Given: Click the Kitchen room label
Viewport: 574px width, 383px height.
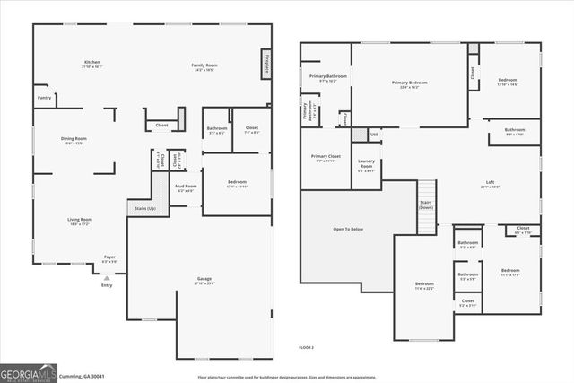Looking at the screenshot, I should [91, 63].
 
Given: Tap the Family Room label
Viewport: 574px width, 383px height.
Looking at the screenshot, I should [204, 65].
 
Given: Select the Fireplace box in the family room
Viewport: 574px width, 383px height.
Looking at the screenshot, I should [266, 65].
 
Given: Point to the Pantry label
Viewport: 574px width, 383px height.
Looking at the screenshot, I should [44, 97].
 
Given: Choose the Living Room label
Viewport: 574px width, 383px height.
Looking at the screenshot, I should [80, 221].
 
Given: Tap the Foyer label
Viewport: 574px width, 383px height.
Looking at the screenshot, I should [109, 258].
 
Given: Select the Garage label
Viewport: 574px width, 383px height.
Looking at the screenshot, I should [204, 280].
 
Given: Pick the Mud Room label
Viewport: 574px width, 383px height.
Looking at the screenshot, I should [186, 188].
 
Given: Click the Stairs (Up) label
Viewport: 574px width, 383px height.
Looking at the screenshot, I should [144, 208].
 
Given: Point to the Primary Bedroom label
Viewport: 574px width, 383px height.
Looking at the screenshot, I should [410, 83].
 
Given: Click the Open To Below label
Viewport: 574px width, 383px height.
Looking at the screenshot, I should [348, 230].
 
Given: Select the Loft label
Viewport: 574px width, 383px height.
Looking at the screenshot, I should [490, 184].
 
